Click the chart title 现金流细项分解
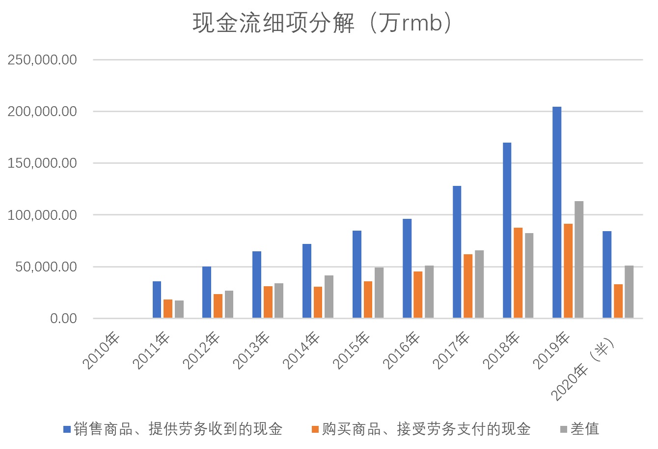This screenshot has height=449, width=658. [322, 24]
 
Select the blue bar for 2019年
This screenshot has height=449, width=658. [557, 212]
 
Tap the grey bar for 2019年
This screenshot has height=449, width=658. [579, 259]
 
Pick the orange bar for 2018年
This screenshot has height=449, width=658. [518, 272]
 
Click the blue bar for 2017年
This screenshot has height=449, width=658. [457, 252]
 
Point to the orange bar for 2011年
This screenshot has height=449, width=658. [168, 308]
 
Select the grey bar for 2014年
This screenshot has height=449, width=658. [329, 297]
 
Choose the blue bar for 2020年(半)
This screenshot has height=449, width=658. [607, 274]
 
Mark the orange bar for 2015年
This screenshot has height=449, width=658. [368, 299]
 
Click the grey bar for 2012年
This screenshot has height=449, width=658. [229, 304]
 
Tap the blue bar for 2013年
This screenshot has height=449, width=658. [257, 284]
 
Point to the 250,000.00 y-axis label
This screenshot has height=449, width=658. [42, 60]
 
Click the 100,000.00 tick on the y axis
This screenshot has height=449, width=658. [42, 215]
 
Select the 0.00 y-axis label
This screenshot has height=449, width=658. [63, 319]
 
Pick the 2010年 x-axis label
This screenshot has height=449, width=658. [102, 351]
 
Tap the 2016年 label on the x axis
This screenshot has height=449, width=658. [402, 351]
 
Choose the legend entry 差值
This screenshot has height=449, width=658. [579, 429]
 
